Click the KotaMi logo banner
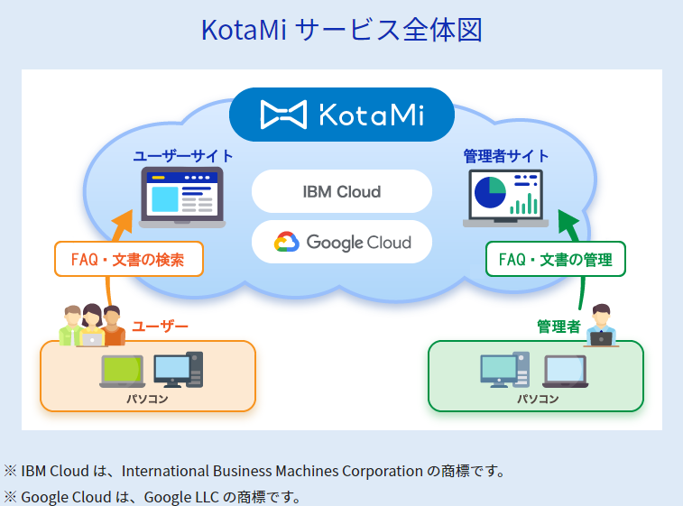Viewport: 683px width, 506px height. [341, 114]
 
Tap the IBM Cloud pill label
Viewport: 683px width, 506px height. [341, 192]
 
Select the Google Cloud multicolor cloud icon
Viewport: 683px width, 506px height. [287, 242]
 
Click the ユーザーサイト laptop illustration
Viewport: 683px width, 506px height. [183, 198]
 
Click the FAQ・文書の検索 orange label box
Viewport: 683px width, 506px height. [128, 260]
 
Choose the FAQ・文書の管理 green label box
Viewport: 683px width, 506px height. [556, 260]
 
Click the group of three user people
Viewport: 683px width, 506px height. [91, 326]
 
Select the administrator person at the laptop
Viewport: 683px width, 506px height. [600, 327]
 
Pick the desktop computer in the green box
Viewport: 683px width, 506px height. [503, 370]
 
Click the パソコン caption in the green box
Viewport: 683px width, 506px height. [538, 399]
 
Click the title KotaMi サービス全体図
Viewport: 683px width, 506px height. [341, 30]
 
